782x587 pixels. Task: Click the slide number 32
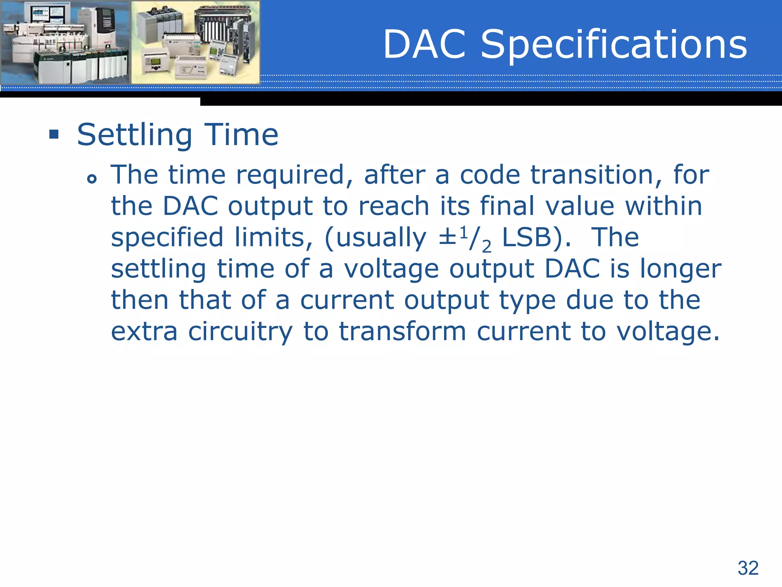(748, 568)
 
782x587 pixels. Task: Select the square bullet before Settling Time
(54, 135)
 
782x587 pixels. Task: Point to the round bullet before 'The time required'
(92, 178)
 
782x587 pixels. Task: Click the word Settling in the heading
(134, 135)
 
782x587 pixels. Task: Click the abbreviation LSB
(527, 238)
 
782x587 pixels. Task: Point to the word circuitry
(240, 332)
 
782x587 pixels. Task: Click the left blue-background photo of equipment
(65, 42)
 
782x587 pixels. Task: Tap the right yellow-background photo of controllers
(195, 42)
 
